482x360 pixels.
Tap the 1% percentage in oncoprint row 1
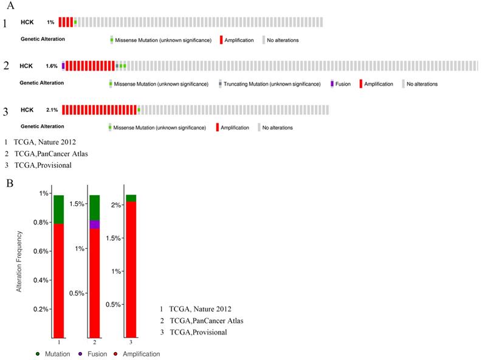pos(50,22)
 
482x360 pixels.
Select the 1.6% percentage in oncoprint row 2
pos(52,66)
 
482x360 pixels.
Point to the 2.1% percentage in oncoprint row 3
pos(52,110)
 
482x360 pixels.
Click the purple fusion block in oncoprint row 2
pos(63,66)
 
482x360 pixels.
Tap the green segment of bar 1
pos(58,209)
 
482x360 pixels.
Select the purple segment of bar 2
pos(94,224)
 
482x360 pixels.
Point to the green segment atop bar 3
pos(130,198)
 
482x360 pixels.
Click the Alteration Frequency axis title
pos(19,261)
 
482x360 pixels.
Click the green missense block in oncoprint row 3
pos(139,109)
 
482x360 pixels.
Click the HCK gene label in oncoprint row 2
pos(26,66)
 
